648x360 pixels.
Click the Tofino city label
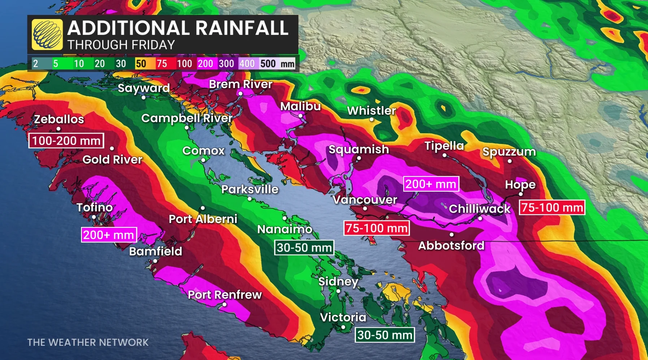(95, 207)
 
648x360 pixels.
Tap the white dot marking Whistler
(371, 119)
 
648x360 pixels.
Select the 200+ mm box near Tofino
(109, 235)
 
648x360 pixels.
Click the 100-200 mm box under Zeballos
(66, 141)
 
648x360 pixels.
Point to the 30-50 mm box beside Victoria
(385, 335)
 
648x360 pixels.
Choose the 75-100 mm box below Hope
(552, 207)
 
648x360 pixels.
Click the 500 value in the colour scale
(268, 64)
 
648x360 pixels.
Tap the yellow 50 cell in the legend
(141, 64)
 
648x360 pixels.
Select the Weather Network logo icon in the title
(47, 34)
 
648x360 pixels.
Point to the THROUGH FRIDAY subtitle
(121, 45)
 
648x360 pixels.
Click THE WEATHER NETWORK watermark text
(88, 342)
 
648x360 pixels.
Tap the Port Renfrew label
(225, 295)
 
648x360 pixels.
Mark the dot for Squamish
(359, 158)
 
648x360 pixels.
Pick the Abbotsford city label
(451, 246)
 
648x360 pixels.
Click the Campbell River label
(187, 118)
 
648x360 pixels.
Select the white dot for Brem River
(240, 94)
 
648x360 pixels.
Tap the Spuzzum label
(509, 151)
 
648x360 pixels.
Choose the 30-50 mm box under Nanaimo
(304, 248)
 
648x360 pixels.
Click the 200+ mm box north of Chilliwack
(431, 184)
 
